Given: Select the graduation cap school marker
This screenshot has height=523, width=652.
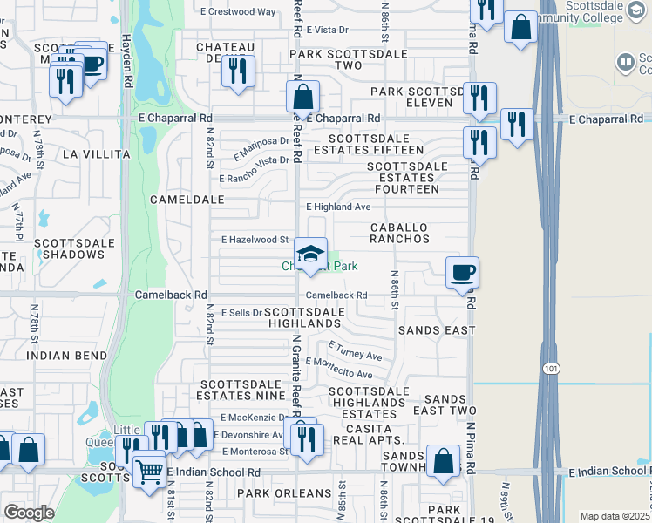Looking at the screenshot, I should [x=309, y=255].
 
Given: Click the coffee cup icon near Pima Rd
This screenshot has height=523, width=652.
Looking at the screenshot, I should [x=461, y=272].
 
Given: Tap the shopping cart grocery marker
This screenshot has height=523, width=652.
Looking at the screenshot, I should [x=149, y=472].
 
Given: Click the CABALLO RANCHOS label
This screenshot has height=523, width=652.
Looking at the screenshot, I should [x=399, y=232].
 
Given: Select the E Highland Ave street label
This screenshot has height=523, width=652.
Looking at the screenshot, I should [x=338, y=207].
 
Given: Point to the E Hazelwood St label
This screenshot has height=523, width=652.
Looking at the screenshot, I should [x=255, y=239].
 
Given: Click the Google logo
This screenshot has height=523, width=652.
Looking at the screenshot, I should [x=29, y=512].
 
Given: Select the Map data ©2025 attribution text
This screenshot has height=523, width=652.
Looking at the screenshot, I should [x=615, y=516].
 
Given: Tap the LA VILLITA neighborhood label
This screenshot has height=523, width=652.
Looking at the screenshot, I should [x=96, y=154].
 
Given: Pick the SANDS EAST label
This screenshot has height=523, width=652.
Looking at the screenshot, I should [x=437, y=330].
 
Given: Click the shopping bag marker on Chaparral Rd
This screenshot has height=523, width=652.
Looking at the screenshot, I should [x=302, y=97].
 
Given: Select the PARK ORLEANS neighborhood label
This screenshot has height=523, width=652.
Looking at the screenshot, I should [x=285, y=493].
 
